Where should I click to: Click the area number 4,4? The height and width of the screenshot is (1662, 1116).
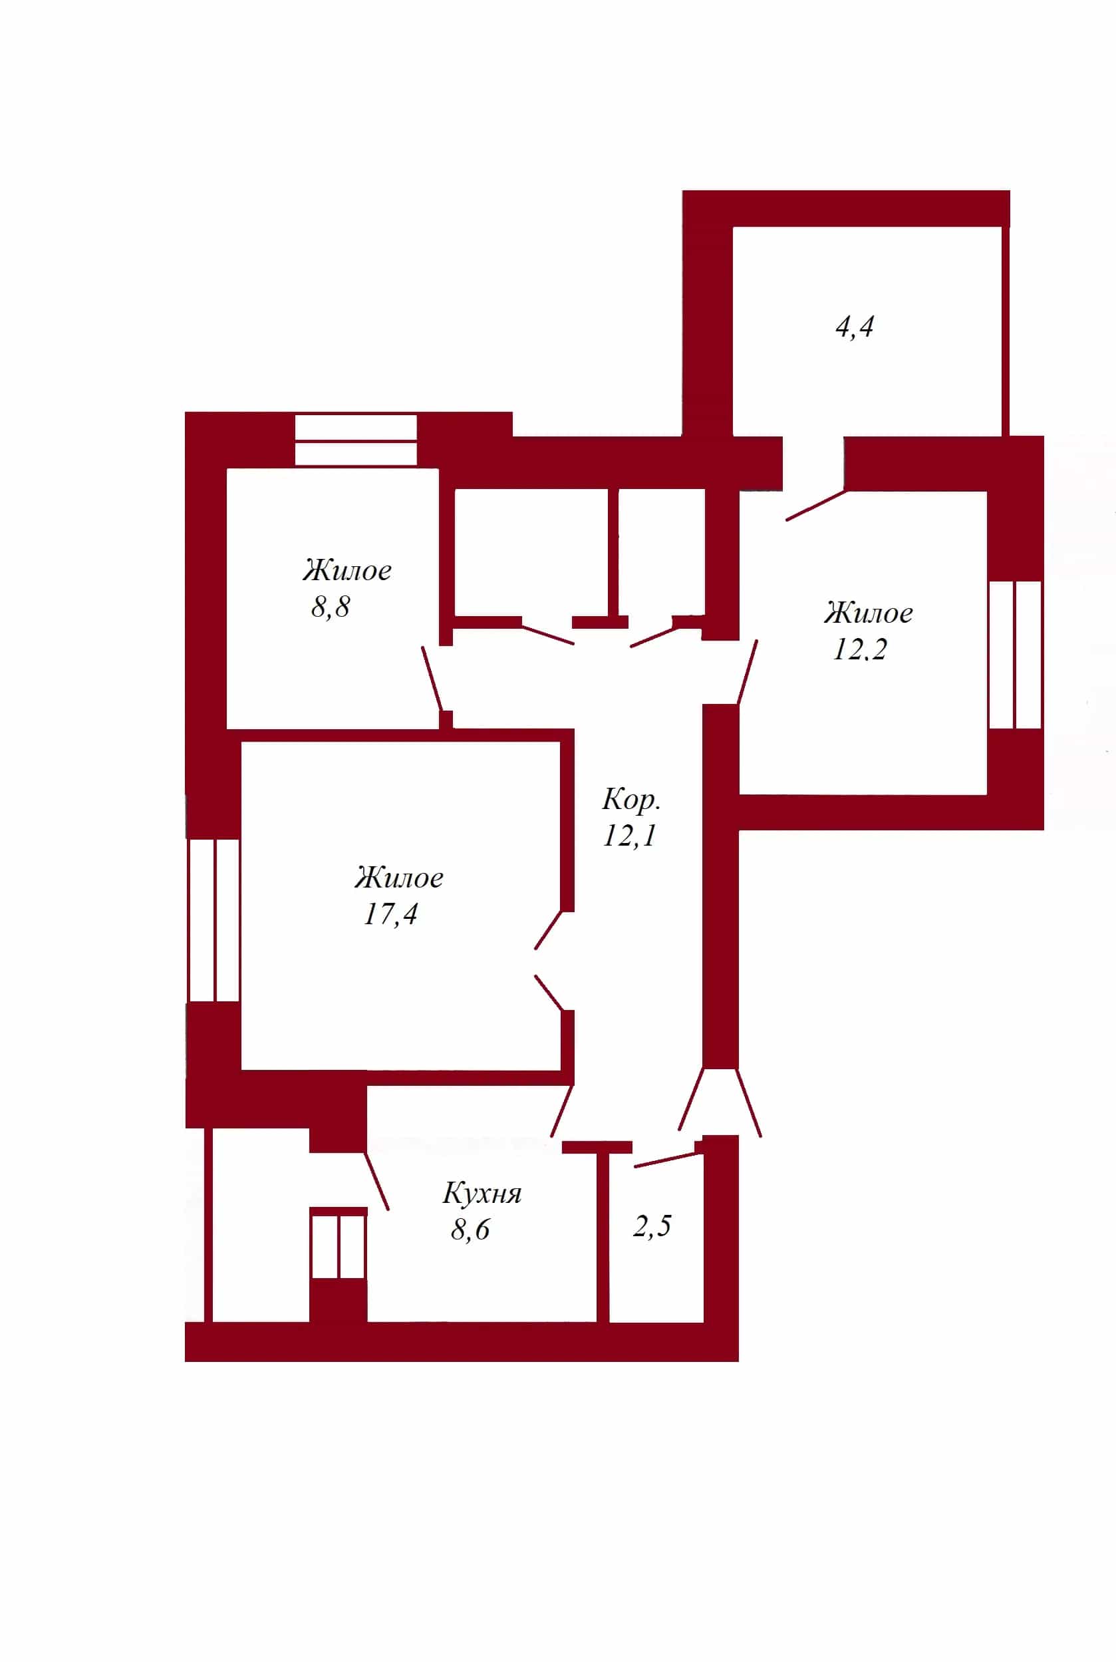click(854, 327)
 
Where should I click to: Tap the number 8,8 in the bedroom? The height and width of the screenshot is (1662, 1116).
click(331, 607)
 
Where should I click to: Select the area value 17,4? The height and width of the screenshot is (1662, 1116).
click(390, 914)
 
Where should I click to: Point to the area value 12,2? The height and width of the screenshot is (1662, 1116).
click(860, 649)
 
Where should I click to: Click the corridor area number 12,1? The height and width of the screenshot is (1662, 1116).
click(629, 835)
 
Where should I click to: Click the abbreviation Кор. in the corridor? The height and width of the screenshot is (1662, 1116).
click(631, 800)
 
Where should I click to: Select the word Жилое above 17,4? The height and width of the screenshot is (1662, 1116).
click(399, 878)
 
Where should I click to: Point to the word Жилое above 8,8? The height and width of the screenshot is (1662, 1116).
click(347, 570)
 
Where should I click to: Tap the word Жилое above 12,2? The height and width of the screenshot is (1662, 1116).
click(869, 613)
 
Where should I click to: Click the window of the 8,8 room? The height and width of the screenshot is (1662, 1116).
click(356, 440)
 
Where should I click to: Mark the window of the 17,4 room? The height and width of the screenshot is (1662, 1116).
click(213, 920)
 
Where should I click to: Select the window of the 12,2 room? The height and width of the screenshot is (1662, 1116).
click(1016, 655)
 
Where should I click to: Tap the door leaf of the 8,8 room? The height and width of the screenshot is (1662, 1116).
click(432, 679)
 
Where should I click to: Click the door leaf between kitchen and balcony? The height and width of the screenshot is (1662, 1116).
click(376, 1181)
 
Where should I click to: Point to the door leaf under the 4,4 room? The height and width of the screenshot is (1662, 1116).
click(815, 506)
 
